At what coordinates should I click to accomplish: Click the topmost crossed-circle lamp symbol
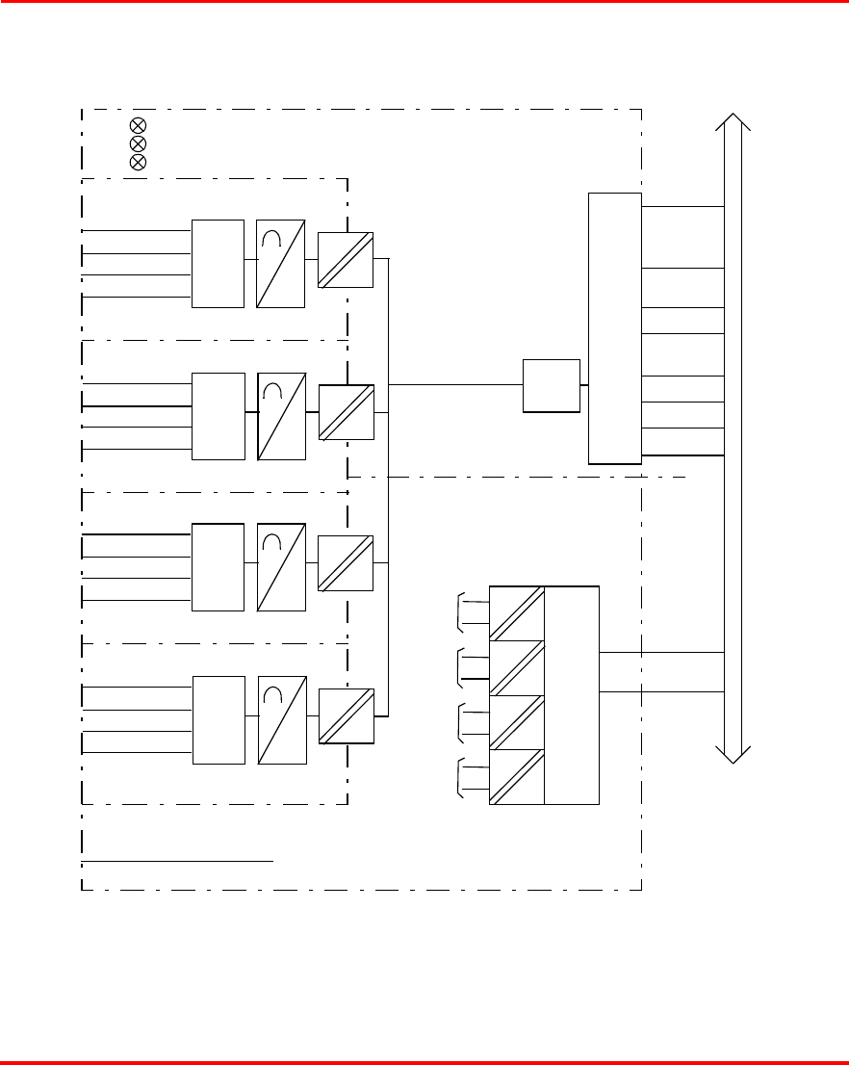138,125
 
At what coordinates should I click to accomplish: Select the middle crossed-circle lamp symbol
138,143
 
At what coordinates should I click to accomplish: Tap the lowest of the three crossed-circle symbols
138,162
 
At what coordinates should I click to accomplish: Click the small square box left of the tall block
552,385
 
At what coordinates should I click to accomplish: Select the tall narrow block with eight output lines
615,328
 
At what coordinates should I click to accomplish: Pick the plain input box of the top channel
218,264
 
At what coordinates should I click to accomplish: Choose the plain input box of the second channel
218,415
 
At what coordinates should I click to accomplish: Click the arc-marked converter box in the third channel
281,567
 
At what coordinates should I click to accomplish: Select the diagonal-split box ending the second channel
346,411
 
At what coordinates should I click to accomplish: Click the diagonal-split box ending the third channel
346,563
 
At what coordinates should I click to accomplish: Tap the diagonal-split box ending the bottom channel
346,715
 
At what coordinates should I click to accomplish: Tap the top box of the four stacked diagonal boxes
517,612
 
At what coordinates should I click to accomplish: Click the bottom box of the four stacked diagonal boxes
517,776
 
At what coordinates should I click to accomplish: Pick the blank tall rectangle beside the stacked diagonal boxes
572,694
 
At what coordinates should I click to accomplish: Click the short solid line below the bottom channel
178,862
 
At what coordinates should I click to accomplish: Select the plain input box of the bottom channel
219,719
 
